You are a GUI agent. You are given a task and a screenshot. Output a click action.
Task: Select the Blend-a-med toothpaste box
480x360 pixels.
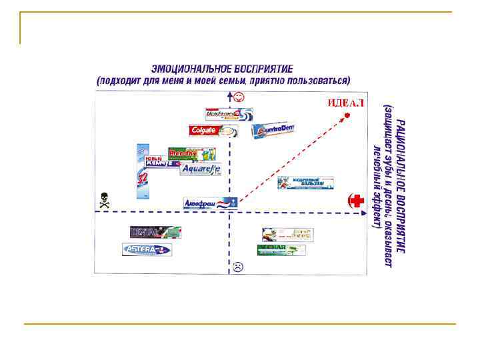[228, 114]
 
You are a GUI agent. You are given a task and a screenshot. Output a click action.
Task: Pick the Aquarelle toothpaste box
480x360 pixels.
[200, 169]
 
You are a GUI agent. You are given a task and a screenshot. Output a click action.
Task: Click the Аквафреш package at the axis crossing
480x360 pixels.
[210, 203]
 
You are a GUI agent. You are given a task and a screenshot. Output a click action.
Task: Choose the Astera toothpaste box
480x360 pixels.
[147, 249]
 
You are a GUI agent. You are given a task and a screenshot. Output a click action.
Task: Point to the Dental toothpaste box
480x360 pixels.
[155, 232]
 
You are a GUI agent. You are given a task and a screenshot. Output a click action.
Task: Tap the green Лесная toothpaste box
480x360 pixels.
[281, 249]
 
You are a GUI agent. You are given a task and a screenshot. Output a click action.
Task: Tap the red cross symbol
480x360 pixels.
[357, 200]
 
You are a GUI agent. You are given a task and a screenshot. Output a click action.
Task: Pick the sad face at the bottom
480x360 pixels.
[238, 267]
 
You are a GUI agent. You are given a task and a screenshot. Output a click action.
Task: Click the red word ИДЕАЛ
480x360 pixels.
[346, 103]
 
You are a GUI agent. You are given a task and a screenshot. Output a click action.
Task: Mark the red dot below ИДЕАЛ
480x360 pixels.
[347, 116]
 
